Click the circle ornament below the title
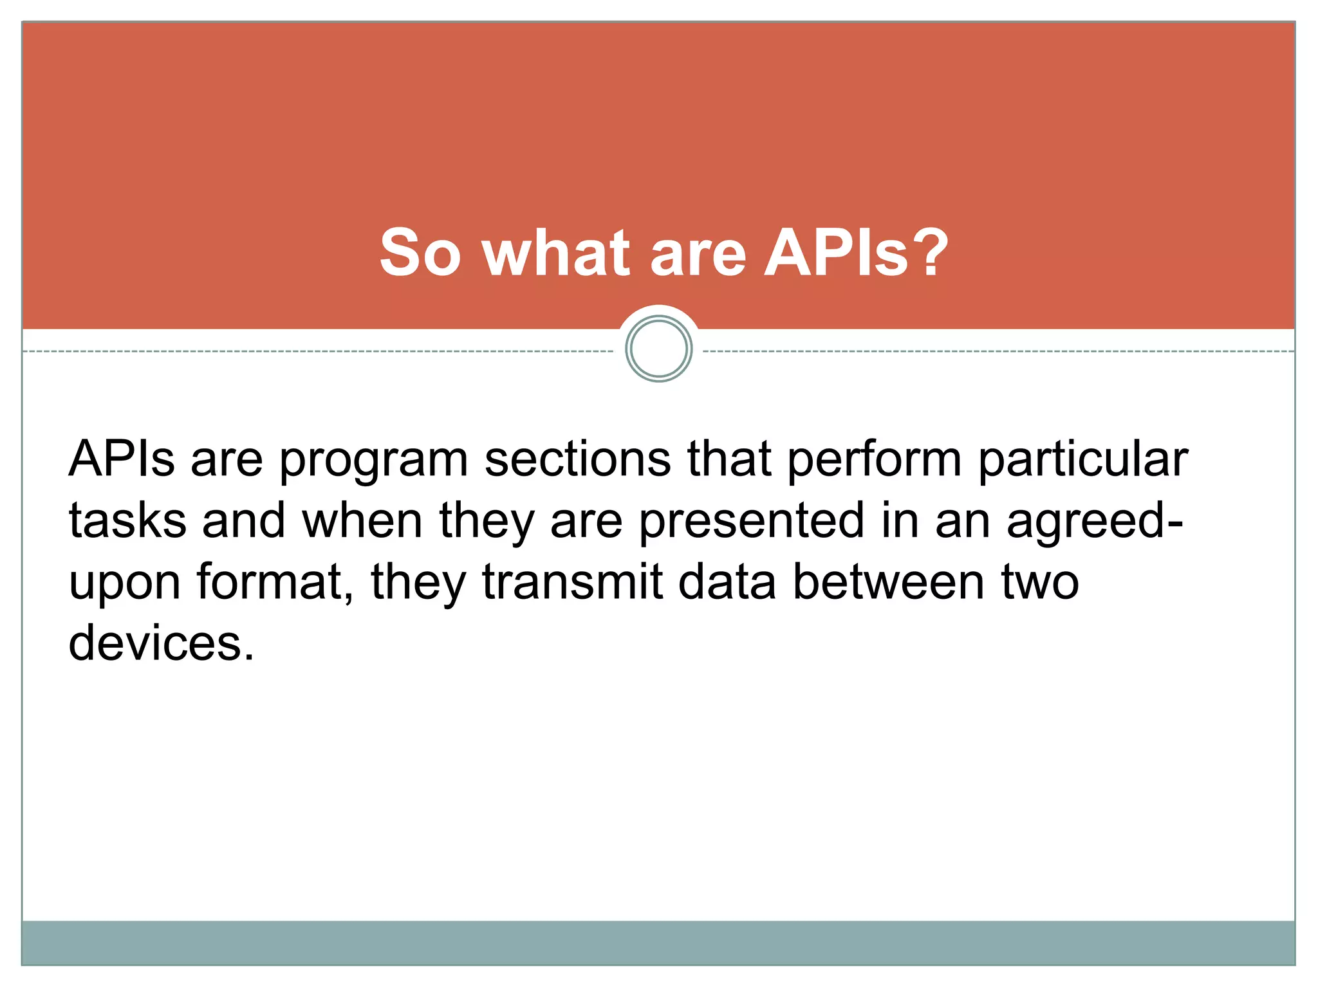coord(658,349)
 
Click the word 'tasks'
coord(127,521)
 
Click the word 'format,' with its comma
coord(276,581)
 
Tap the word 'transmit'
coord(572,581)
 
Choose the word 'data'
coord(727,581)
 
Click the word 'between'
coord(888,581)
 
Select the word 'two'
coord(1040,583)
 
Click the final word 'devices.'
coord(162,643)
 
